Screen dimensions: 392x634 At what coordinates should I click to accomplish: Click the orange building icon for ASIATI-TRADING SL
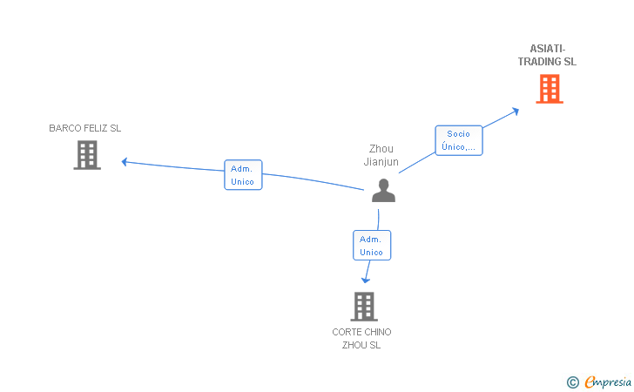click(549, 89)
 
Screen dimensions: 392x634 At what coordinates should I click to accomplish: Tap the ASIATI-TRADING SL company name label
click(547, 56)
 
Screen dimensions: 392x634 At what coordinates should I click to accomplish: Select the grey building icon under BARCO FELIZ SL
click(86, 155)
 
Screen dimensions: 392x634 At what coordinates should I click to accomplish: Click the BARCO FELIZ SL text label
click(84, 128)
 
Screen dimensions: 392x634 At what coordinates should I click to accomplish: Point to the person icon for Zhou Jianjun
click(383, 190)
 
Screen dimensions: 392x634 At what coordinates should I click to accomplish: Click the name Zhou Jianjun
click(381, 155)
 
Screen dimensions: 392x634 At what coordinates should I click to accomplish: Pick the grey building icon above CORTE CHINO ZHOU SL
click(363, 306)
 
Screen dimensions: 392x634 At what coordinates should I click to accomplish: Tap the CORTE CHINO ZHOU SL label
click(361, 338)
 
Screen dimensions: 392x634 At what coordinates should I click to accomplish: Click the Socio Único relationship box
click(458, 140)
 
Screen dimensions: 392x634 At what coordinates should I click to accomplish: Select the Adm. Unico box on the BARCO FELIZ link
click(243, 175)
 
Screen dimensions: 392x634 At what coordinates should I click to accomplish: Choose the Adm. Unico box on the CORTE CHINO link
click(371, 245)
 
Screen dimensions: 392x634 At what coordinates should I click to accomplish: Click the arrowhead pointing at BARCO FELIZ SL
click(125, 161)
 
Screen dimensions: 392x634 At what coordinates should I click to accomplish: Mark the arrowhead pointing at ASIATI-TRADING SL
click(516, 111)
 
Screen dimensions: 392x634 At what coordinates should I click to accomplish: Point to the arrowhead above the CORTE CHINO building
click(366, 280)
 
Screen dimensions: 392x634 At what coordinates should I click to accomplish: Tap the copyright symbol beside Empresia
click(572, 382)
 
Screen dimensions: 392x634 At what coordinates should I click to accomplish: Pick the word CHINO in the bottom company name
click(376, 332)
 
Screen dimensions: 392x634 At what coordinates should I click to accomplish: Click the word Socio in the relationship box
click(458, 134)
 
